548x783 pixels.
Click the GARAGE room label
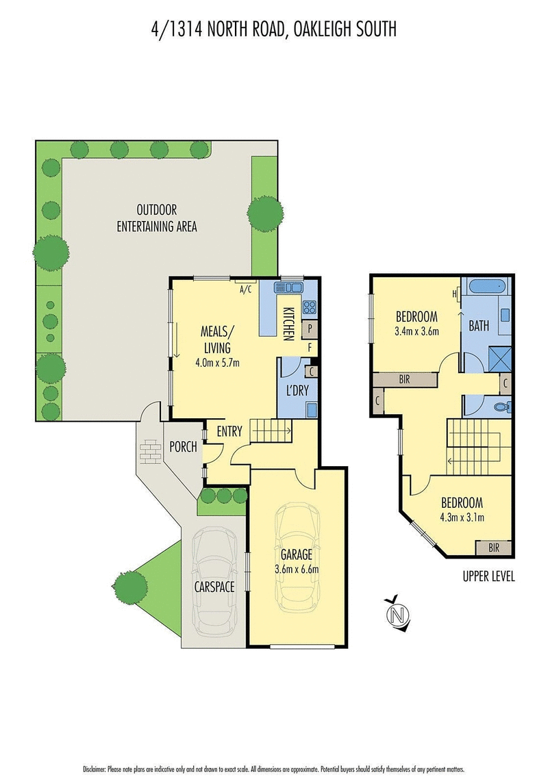[x=296, y=554]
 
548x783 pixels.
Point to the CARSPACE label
[x=214, y=587]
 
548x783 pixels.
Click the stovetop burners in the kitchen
[x=309, y=307]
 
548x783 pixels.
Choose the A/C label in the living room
[x=246, y=290]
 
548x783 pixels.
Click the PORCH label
[x=183, y=447]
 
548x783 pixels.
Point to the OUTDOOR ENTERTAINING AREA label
[x=157, y=218]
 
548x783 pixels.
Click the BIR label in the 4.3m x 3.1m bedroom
[x=493, y=548]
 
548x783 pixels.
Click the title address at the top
[x=274, y=29]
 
